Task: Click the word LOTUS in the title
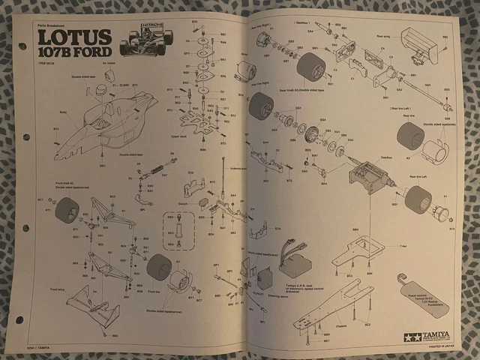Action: [x=73, y=37]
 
